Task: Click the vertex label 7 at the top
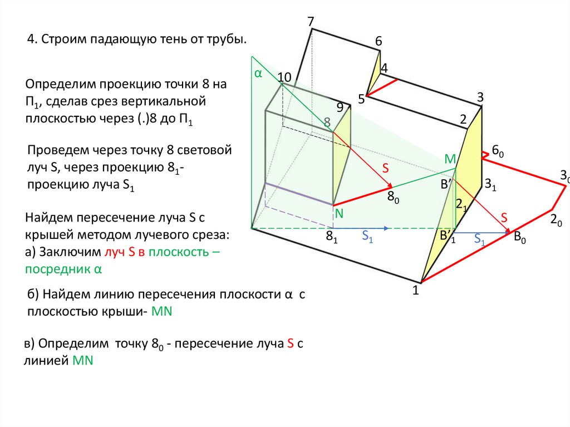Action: click(311, 22)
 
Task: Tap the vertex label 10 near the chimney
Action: click(284, 77)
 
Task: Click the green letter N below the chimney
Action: click(338, 214)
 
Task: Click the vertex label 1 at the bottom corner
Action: click(415, 289)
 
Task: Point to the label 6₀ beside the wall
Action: click(497, 152)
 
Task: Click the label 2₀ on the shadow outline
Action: click(555, 219)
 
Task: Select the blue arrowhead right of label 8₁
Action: click(385, 228)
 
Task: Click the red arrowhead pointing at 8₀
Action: click(390, 185)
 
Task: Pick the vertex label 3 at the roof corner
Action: click(480, 97)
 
